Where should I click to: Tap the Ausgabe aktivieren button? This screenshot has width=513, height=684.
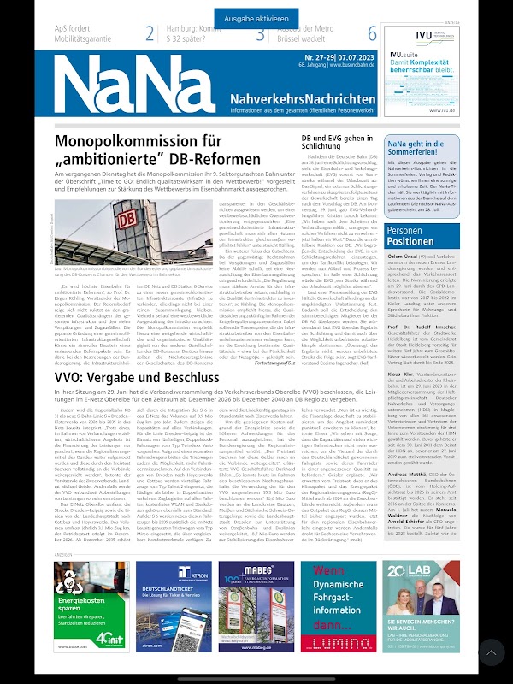(256, 18)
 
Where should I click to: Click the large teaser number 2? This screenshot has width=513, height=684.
(150, 34)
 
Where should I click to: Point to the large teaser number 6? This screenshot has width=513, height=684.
(372, 34)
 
